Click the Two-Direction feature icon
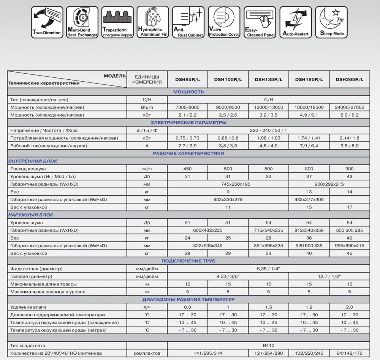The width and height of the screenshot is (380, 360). [x=47, y=22]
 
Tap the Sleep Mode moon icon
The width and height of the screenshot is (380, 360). [x=332, y=22]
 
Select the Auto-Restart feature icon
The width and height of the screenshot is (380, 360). [x=296, y=22]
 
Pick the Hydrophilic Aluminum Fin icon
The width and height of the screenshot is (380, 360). [x=153, y=22]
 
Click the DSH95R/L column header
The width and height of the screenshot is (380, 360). [x=188, y=79]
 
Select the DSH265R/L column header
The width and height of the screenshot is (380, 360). [x=349, y=79]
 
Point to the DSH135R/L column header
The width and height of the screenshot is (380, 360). [x=268, y=79]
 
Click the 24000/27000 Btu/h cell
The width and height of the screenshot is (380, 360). [x=349, y=107]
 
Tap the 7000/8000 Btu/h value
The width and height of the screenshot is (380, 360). [x=188, y=107]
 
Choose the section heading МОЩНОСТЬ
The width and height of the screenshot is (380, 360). [x=188, y=92]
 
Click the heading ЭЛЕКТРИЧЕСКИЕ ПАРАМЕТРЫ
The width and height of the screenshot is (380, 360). [x=188, y=123]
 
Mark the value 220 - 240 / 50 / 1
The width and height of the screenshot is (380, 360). [x=268, y=130]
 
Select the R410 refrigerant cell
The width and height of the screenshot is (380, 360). [x=268, y=346]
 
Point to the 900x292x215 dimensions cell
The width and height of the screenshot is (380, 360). [x=329, y=184]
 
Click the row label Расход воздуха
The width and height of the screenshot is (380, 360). [x=28, y=169]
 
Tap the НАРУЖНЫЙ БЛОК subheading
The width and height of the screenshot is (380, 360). [x=31, y=215]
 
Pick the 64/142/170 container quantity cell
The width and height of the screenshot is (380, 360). [x=349, y=353]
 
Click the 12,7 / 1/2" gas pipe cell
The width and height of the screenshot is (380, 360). [x=329, y=276]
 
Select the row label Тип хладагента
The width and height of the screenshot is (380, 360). [x=28, y=346]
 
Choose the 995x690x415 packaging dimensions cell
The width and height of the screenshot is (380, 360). [x=349, y=246]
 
